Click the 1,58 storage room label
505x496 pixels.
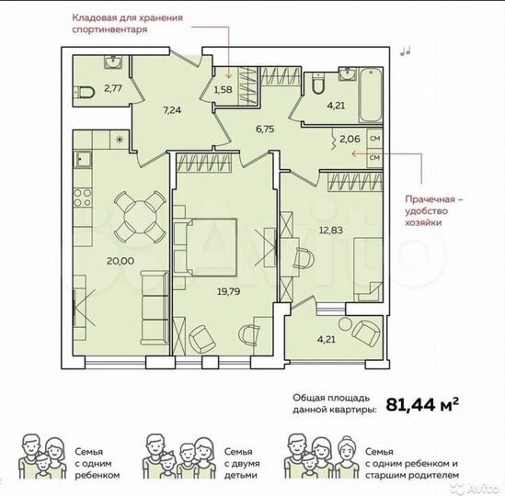[x=224, y=90]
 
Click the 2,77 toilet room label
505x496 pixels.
[x=112, y=89]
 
